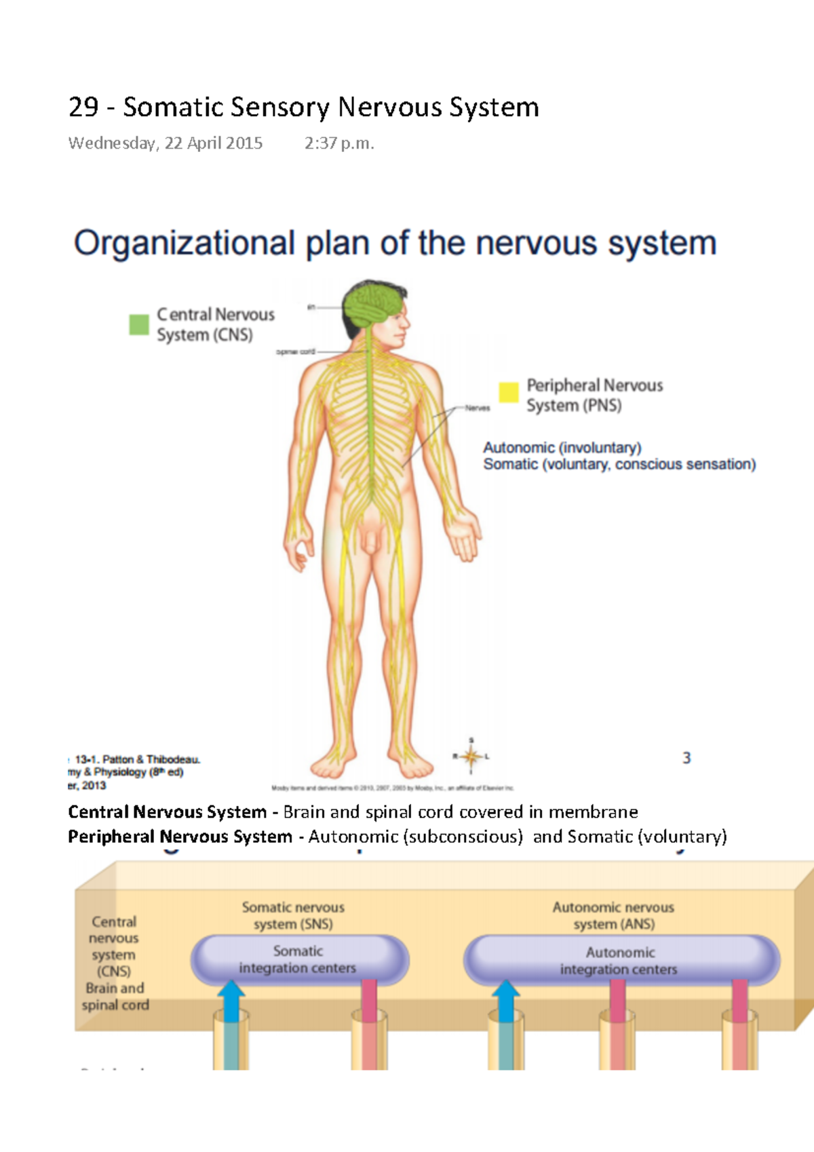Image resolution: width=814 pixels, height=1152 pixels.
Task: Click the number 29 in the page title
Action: click(x=83, y=107)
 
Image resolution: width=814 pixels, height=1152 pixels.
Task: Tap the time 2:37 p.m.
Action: click(x=339, y=143)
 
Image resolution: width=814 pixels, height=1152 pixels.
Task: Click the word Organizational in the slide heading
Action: click(x=184, y=244)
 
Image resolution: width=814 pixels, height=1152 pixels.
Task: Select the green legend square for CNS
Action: click(x=139, y=324)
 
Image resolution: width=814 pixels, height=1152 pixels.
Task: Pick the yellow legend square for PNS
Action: click(x=509, y=392)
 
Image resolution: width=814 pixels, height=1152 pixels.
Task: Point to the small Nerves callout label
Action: click(x=477, y=408)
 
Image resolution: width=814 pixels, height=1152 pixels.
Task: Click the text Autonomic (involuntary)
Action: click(x=562, y=448)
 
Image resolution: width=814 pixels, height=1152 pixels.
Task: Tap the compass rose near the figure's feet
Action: click(x=471, y=755)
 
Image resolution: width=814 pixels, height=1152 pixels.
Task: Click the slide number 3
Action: click(x=686, y=758)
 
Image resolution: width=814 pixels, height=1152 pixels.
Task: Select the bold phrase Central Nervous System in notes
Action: click(x=167, y=812)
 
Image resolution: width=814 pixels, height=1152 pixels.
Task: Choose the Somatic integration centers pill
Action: click(x=298, y=959)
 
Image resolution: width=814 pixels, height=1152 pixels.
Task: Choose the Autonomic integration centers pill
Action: click(x=620, y=961)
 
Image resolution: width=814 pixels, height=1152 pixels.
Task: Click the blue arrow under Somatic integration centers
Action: click(x=231, y=1002)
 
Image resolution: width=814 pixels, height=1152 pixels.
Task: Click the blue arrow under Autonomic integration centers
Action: click(x=505, y=1002)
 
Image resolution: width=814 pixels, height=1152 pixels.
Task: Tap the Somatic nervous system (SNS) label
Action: click(x=293, y=915)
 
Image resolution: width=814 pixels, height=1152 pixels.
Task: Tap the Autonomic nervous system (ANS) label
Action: click(x=613, y=915)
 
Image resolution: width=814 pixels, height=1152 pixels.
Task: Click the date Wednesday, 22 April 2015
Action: click(x=165, y=143)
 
